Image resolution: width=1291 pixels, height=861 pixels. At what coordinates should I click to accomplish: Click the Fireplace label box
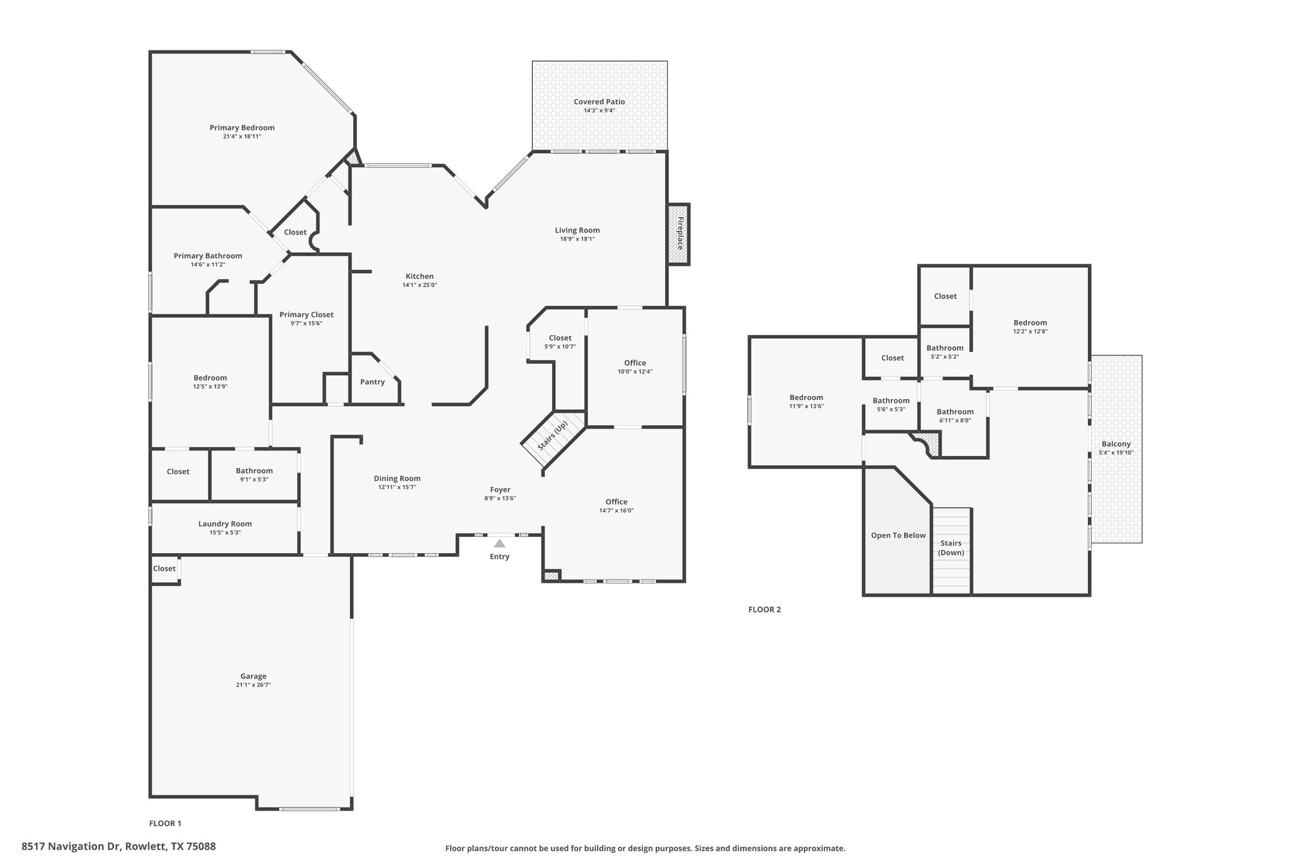point(679,234)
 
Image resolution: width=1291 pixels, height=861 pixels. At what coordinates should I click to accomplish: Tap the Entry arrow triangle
point(499,543)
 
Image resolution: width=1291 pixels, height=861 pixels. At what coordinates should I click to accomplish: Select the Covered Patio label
point(599,102)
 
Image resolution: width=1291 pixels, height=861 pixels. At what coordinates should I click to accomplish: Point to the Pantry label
point(372,382)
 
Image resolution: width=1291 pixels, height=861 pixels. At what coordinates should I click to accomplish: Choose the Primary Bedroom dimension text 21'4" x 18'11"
point(242,136)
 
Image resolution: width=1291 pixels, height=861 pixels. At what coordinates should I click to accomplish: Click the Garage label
point(253,676)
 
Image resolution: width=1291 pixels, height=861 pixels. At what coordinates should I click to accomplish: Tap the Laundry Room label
point(225,524)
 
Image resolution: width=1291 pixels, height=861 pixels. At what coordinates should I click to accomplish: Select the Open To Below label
point(898,536)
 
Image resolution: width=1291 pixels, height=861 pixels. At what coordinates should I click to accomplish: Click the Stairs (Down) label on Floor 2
point(951,548)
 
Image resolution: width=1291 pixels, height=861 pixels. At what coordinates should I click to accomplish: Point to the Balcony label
point(1116,444)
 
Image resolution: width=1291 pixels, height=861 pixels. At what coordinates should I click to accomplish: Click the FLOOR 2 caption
point(765,609)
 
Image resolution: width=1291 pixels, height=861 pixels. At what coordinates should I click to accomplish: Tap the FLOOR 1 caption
point(165,823)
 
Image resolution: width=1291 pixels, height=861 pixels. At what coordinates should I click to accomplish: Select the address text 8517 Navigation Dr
point(72,846)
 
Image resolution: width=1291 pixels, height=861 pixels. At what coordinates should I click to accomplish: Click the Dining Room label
point(397,478)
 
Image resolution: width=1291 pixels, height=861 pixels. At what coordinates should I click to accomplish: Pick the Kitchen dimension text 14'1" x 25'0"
point(420,285)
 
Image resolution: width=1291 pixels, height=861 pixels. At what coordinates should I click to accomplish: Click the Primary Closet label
point(306,315)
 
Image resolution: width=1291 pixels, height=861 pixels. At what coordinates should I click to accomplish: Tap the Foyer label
point(501,489)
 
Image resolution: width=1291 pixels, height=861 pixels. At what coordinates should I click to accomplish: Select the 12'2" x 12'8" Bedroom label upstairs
point(1030,323)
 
